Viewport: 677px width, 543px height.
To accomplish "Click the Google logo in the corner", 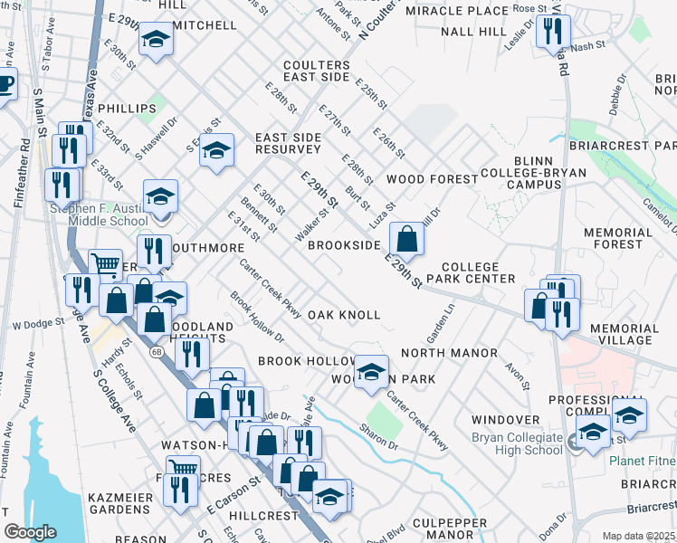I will click(30, 532).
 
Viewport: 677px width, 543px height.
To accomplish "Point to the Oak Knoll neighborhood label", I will click(343, 315).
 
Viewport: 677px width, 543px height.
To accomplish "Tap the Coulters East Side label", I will click(316, 71).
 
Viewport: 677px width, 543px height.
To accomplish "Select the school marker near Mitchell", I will click(156, 41).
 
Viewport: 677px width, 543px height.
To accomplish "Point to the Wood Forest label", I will click(432, 179).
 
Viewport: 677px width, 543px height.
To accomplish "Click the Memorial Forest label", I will click(625, 239).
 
